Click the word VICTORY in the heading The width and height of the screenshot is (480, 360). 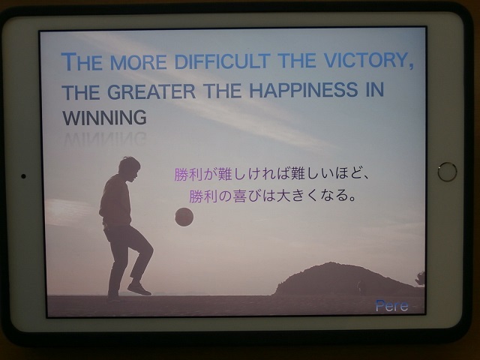(366, 60)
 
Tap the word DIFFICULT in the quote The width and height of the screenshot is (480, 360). (223, 61)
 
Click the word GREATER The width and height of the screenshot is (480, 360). (151, 91)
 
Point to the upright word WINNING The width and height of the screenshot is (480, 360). (105, 118)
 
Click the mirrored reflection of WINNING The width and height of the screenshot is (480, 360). (105, 139)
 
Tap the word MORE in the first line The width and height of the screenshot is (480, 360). (138, 62)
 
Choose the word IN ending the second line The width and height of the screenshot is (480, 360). (375, 89)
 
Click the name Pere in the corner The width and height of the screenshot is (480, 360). (391, 305)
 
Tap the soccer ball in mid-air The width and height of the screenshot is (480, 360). (184, 217)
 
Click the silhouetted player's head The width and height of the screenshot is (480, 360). (129, 169)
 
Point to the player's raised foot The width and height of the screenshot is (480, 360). (139, 289)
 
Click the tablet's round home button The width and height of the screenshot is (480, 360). (447, 172)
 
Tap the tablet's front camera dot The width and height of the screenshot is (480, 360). (23, 176)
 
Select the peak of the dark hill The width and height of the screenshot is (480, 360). (331, 262)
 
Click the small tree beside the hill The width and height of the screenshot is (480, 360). (421, 278)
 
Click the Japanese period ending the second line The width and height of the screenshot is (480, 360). (352, 199)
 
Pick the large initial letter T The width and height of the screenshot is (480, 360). (68, 61)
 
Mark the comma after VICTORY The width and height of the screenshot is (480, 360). (411, 66)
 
